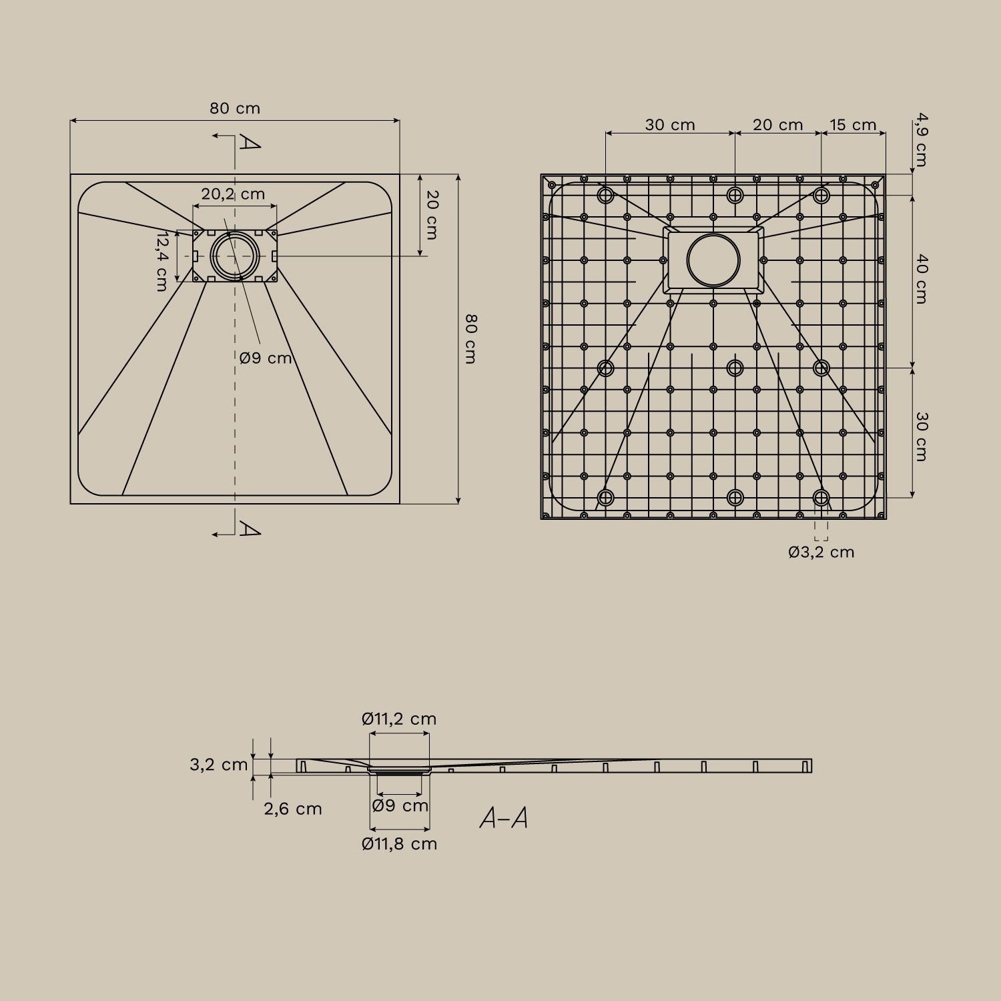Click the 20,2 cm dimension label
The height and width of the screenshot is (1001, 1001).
pyautogui.click(x=233, y=194)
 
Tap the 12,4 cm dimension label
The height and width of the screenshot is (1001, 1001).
pyautogui.click(x=161, y=261)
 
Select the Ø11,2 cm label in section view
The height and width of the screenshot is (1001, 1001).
pyautogui.click(x=399, y=719)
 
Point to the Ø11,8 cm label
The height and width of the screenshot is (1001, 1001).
pyautogui.click(x=399, y=844)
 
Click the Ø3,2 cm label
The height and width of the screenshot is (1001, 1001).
pyautogui.click(x=821, y=552)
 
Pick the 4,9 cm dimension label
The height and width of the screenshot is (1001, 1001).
pyautogui.click(x=921, y=140)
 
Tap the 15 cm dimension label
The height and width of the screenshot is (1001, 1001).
pyautogui.click(x=853, y=125)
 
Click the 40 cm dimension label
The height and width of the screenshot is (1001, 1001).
pyautogui.click(x=921, y=279)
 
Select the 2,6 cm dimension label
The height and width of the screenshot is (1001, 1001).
pyautogui.click(x=292, y=809)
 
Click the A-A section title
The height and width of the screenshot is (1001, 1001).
pyautogui.click(x=504, y=818)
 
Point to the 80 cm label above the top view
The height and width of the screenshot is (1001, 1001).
pyautogui.click(x=235, y=108)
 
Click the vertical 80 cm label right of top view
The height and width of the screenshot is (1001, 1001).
pyautogui.click(x=470, y=339)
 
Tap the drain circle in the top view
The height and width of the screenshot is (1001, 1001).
pyautogui.click(x=234, y=256)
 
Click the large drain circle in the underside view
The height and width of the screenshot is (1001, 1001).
pyautogui.click(x=713, y=260)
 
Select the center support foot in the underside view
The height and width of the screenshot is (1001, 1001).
pyautogui.click(x=735, y=368)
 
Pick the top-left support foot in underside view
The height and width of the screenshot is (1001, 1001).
pyautogui.click(x=606, y=195)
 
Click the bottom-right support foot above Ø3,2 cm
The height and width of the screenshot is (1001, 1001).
pyautogui.click(x=821, y=498)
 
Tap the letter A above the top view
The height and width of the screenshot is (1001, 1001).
pyautogui.click(x=250, y=142)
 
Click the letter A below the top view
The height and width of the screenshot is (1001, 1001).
pyautogui.click(x=250, y=530)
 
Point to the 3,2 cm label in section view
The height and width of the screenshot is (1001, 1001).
pyautogui.click(x=218, y=765)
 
